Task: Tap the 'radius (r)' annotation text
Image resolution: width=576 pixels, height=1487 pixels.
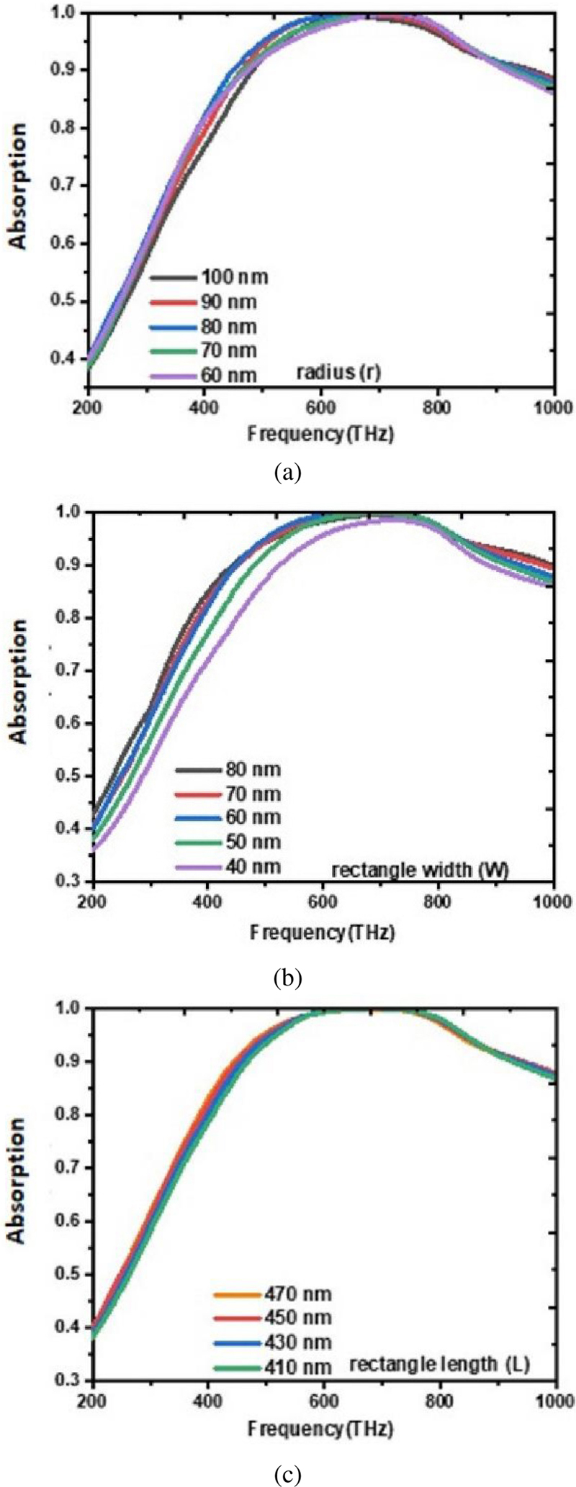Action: click(x=338, y=372)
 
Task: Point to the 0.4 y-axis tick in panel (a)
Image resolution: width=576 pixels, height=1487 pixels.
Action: click(x=69, y=358)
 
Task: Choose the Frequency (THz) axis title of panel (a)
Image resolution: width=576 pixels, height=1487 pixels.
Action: click(x=320, y=434)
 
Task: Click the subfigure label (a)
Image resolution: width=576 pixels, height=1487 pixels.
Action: click(x=288, y=472)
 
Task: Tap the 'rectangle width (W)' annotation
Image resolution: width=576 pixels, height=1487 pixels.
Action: click(x=420, y=870)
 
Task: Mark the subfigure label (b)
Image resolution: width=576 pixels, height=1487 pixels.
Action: click(x=288, y=978)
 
